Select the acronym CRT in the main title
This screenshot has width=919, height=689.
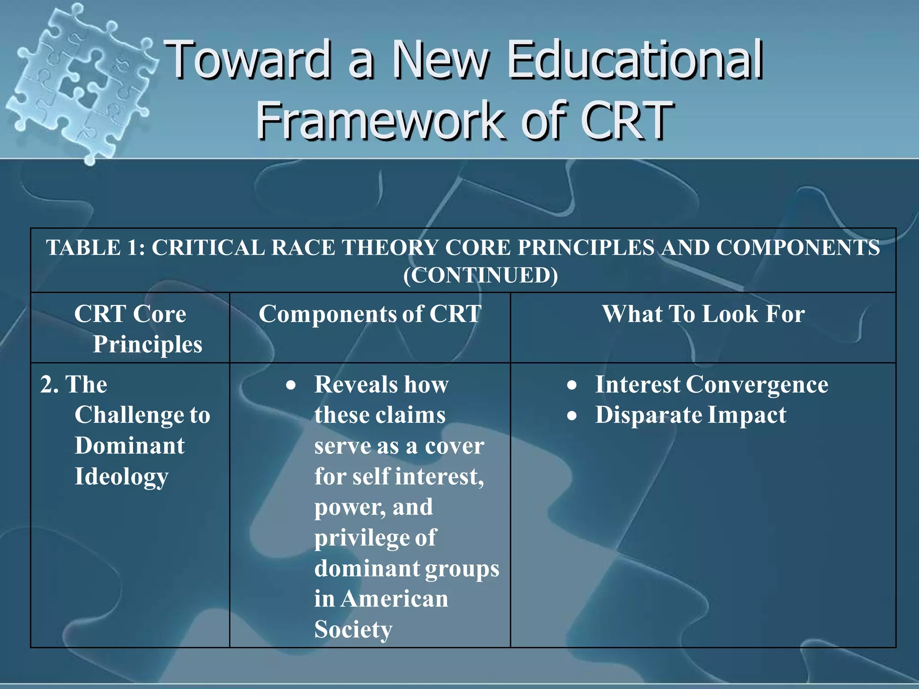click(626, 120)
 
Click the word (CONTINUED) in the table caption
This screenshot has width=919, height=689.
click(480, 275)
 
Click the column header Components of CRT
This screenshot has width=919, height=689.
click(370, 314)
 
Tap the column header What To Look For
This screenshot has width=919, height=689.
click(703, 314)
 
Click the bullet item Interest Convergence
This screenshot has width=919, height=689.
click(711, 384)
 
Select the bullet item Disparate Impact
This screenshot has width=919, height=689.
click(690, 415)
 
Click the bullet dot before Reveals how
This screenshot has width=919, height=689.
click(291, 385)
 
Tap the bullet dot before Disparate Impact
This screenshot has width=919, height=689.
click(572, 416)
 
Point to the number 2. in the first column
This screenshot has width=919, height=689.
click(49, 384)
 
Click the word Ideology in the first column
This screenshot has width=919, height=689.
click(121, 476)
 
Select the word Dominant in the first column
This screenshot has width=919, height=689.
click(129, 445)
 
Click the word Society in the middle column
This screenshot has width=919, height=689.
click(353, 629)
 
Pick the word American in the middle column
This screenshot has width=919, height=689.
click(394, 599)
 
